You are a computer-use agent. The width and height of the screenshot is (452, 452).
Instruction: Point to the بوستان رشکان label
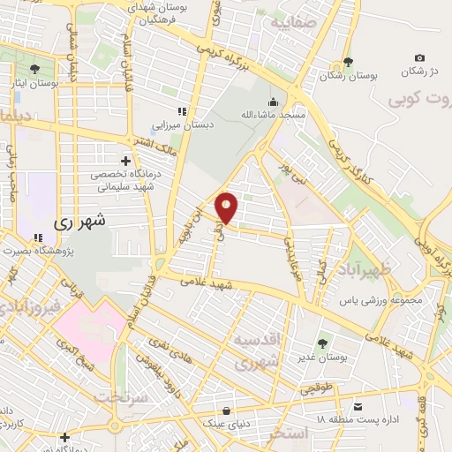(350, 77)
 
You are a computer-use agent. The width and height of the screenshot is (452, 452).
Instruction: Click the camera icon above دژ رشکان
(419, 57)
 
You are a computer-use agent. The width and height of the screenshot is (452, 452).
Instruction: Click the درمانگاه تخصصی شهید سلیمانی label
(125, 181)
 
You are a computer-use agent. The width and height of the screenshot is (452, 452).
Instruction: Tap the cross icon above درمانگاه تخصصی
(125, 162)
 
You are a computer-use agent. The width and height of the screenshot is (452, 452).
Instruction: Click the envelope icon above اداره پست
(358, 406)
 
